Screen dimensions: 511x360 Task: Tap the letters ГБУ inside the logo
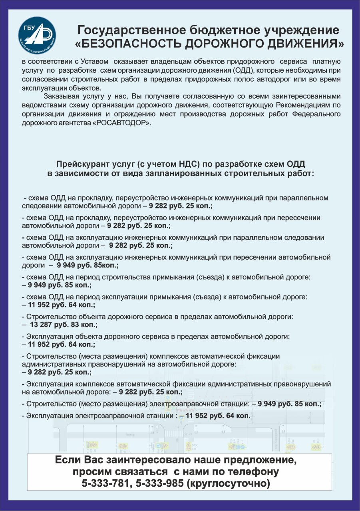28,28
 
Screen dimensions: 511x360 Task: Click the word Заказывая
62,96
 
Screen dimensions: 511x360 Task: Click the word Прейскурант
79,164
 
